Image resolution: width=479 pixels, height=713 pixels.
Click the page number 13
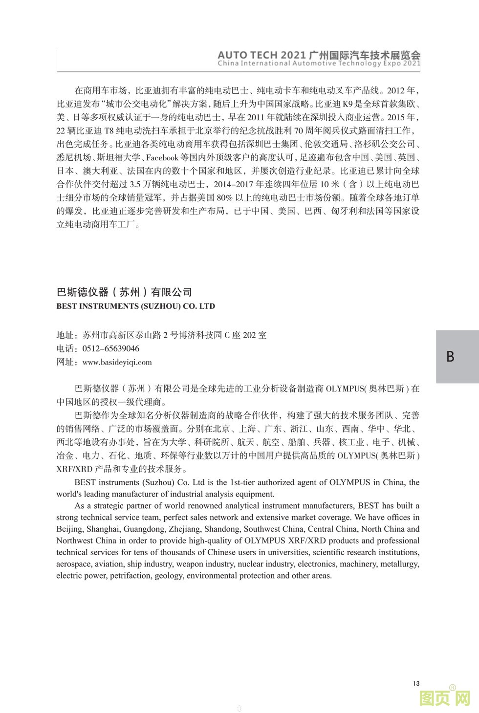point(416,683)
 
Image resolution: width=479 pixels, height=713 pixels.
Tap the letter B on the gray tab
point(450,356)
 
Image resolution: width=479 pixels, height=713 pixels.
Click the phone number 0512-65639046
point(111,348)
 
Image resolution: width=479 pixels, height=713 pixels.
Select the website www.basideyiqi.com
point(117,362)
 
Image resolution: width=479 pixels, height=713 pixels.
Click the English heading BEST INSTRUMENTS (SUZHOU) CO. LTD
point(135,306)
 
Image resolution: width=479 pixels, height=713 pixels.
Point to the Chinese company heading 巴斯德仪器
point(82,292)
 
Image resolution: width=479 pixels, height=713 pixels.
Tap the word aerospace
point(73,564)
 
